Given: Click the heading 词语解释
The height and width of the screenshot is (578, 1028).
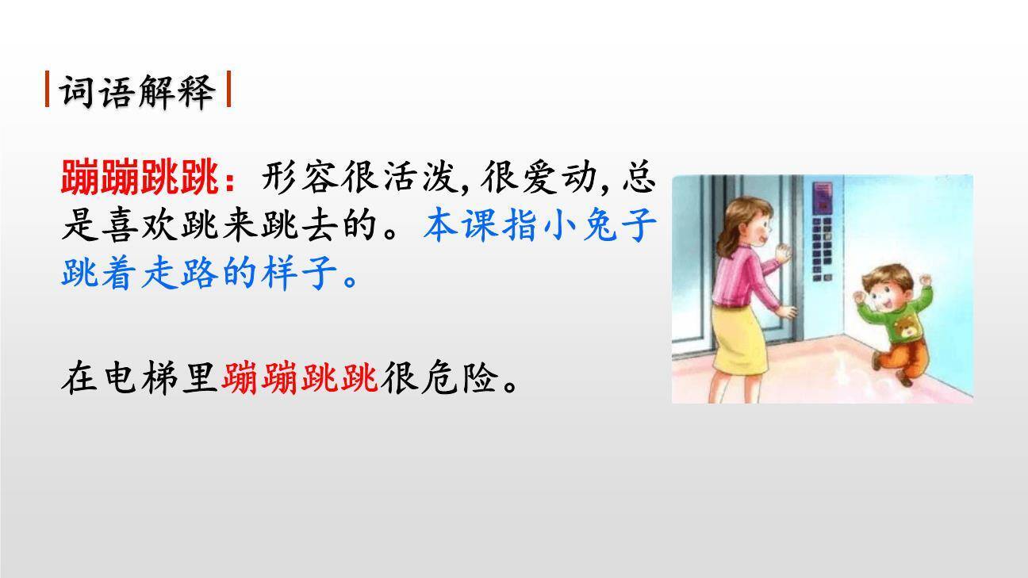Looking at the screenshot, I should pyautogui.click(x=138, y=91).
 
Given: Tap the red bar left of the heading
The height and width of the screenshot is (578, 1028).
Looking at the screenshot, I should pyautogui.click(x=48, y=90).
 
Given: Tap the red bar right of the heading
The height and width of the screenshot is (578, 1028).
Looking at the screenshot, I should pyautogui.click(x=228, y=90).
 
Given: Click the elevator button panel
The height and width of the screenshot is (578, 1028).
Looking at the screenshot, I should pyautogui.click(x=823, y=230).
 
